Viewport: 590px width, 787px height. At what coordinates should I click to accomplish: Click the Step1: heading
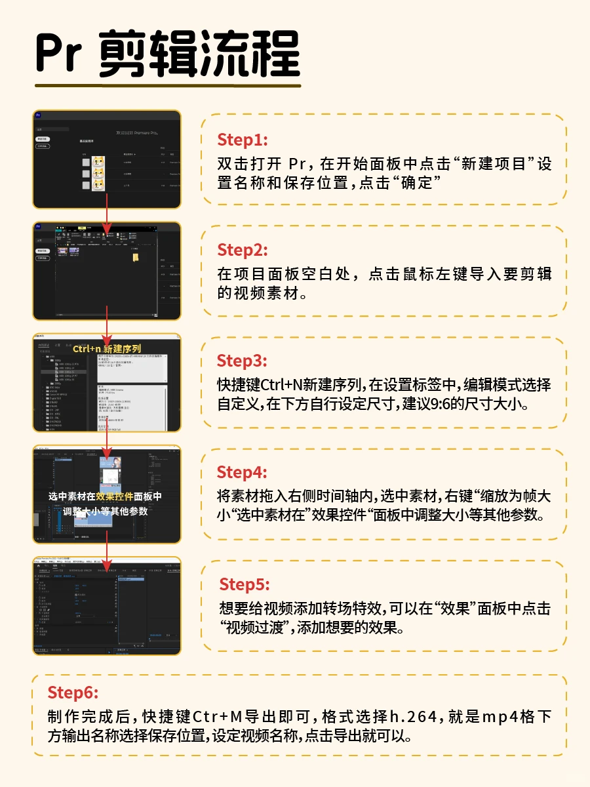[242, 140]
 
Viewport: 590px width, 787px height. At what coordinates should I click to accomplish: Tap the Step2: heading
[243, 250]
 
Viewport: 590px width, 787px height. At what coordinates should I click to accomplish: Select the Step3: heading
[243, 361]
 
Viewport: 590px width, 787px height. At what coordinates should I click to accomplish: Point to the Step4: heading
[243, 472]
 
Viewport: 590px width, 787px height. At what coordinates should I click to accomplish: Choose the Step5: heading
[245, 584]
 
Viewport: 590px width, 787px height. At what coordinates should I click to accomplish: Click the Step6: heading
[73, 693]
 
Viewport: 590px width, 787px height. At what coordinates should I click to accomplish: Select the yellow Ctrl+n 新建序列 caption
[107, 348]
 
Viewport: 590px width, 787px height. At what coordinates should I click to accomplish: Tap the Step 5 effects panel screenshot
[107, 607]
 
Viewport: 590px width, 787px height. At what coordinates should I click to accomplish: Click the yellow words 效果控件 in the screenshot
[115, 496]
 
